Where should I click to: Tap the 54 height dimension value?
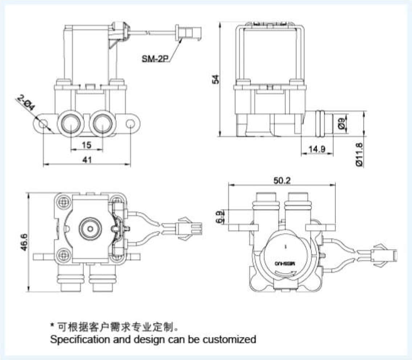pos(216,80)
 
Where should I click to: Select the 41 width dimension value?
pos(86,159)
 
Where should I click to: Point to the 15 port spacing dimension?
pos(86,145)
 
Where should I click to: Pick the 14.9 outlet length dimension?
pos(317,149)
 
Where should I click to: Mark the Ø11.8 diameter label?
pos(359,155)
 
